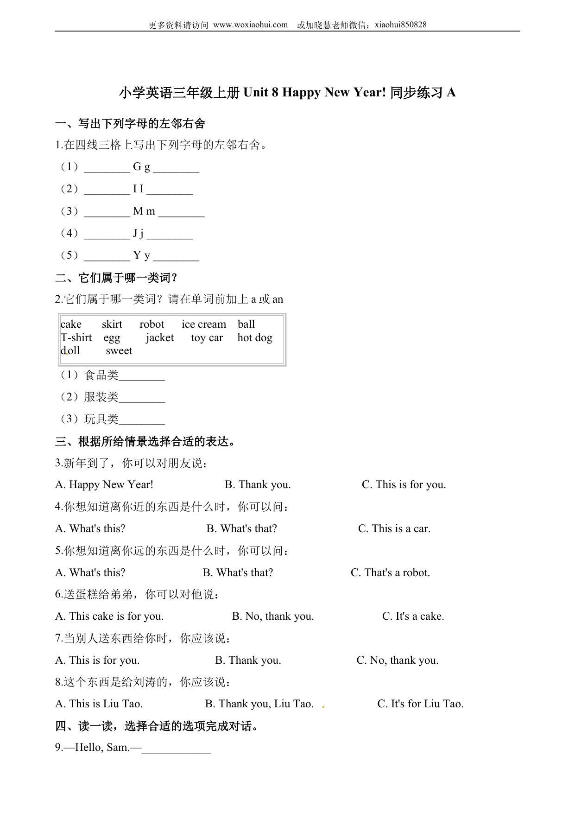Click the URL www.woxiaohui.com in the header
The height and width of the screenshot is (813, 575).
coord(250,25)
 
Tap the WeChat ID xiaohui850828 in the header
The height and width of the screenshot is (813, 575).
coord(400,25)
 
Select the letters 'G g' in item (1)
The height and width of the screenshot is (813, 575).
coord(141,167)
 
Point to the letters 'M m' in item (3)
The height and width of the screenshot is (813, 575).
coord(144,211)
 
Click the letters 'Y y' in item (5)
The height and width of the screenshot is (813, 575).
coord(141,255)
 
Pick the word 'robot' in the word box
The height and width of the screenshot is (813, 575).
coord(152,324)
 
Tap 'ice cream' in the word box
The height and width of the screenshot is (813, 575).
coord(204,324)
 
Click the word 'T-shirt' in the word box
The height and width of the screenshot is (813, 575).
coord(76,338)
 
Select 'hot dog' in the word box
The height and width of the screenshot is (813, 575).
coord(255,338)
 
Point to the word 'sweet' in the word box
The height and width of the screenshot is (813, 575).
coord(119,351)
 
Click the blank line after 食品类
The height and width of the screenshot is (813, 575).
coord(142,376)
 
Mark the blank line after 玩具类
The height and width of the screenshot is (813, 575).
coord(142,420)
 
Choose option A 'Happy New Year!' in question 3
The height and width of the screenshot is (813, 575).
coord(104,485)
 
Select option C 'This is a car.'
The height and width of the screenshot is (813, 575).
coord(394,529)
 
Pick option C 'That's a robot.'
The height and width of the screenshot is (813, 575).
coord(390,573)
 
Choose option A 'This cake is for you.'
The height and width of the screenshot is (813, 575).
coord(109,616)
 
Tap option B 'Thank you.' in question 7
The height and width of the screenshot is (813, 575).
coord(248,661)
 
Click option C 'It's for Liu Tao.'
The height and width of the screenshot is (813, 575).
coord(420,704)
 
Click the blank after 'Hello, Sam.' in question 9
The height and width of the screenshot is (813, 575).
coord(177,748)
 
